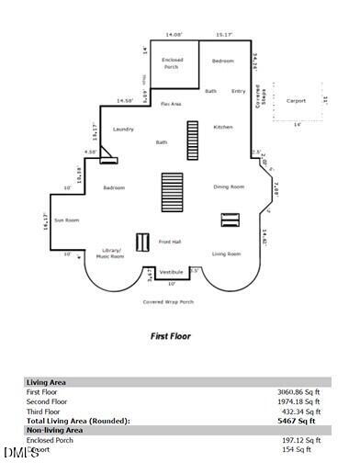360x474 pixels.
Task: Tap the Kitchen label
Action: (x=223, y=127)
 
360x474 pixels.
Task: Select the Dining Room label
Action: (x=229, y=186)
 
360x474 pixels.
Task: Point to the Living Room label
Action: (x=226, y=254)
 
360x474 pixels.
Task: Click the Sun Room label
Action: (x=66, y=220)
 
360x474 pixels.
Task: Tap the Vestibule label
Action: (x=172, y=272)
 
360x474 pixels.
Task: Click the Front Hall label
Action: (x=170, y=242)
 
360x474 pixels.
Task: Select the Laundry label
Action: (x=124, y=130)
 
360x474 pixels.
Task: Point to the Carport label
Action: (x=296, y=100)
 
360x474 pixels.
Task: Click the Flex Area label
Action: (x=171, y=104)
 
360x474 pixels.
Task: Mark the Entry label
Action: (x=239, y=91)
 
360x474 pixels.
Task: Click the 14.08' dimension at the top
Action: (x=174, y=34)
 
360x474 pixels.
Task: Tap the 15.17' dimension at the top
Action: (x=223, y=34)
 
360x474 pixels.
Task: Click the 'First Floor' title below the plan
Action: (x=170, y=336)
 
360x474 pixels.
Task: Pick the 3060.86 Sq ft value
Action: (x=298, y=391)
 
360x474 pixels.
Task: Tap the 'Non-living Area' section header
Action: (x=54, y=429)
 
